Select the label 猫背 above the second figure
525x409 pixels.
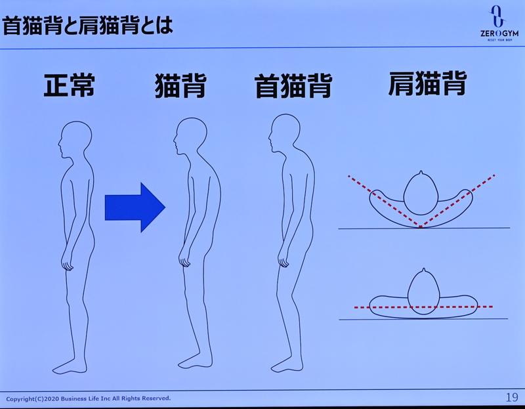point(180,86)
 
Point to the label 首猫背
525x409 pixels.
point(293,86)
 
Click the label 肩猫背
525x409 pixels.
point(427,83)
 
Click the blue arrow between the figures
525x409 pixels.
point(135,207)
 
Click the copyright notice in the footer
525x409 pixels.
point(89,398)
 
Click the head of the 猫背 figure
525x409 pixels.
point(188,137)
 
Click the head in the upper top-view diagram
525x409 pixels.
point(420,196)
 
